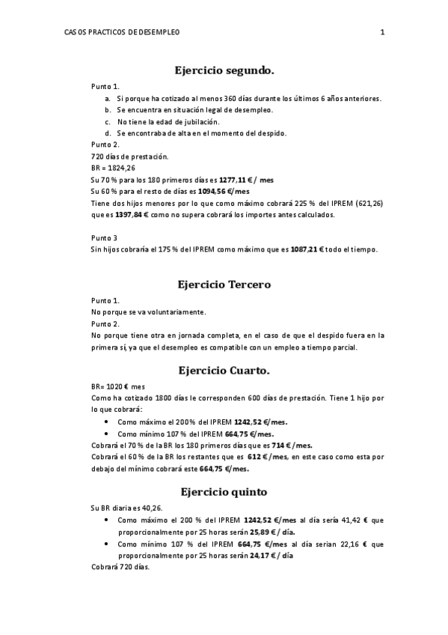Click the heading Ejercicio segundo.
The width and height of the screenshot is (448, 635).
[224, 70]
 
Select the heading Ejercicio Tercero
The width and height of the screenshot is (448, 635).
[224, 285]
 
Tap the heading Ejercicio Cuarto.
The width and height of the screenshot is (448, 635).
[224, 370]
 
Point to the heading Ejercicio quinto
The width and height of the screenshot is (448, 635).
[224, 492]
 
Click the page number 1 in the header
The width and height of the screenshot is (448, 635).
[382, 32]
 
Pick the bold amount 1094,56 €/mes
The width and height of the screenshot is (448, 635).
[235, 192]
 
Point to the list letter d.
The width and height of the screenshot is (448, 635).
[108, 133]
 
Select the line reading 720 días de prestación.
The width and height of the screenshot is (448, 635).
[129, 157]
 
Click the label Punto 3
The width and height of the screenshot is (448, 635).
[105, 238]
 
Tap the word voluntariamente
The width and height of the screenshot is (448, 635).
[171, 312]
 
